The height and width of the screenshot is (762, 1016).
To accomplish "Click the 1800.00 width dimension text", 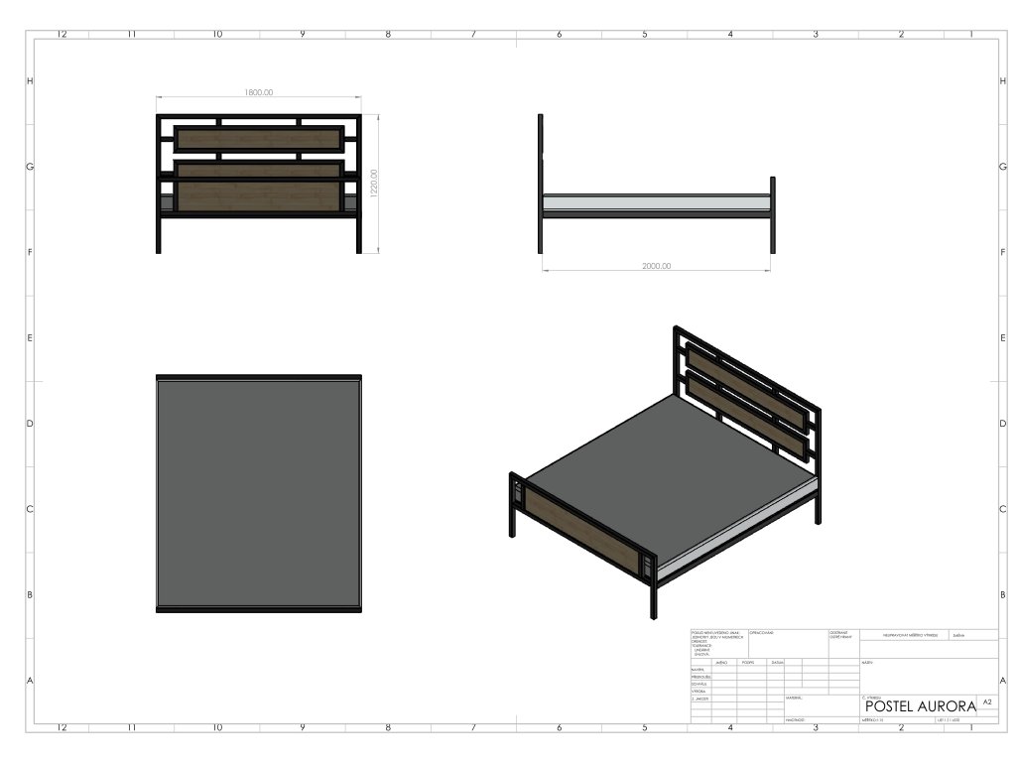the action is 259,92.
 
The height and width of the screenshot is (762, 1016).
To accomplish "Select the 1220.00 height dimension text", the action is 374,184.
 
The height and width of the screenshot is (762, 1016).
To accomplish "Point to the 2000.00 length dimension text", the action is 657,266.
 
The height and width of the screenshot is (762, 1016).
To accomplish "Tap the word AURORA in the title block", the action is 947,705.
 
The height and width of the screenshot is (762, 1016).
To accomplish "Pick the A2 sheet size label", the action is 987,701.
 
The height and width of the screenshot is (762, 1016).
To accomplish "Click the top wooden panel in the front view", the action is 258,138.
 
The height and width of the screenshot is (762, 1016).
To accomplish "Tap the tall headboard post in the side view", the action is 541,179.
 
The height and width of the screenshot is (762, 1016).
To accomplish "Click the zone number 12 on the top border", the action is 62,34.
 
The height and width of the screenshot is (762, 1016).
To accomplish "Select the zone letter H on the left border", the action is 30,80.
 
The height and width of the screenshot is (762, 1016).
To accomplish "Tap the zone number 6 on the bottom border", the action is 559,727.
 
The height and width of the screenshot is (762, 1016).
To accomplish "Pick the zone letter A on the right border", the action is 1003,681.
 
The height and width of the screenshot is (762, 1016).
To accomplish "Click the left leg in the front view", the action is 159,233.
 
